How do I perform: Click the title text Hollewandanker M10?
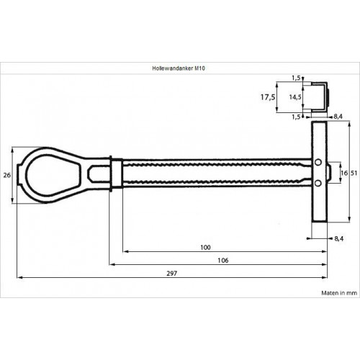[x=179, y=68]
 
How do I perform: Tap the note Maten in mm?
[x=339, y=293]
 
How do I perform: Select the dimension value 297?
[x=172, y=274]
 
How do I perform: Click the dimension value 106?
[x=223, y=261]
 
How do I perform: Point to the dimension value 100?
[x=205, y=248]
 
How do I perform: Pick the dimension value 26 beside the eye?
[x=7, y=175]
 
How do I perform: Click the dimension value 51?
[x=354, y=173]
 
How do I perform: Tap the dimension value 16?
[x=344, y=173]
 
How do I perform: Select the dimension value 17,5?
[x=268, y=97]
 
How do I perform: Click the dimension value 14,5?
[x=295, y=97]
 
